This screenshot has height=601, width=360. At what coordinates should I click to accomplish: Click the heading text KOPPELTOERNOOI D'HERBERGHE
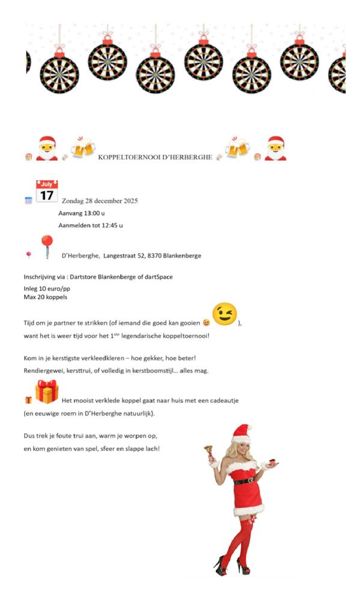[x=154, y=157]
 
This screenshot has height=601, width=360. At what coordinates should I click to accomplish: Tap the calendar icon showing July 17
[x=47, y=191]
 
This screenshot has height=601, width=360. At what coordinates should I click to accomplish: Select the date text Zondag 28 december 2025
[x=100, y=201]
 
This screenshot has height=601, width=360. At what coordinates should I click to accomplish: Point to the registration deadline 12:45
[x=112, y=225]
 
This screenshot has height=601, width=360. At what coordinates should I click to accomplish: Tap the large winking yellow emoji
[x=225, y=314]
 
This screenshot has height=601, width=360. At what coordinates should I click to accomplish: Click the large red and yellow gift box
[x=47, y=392]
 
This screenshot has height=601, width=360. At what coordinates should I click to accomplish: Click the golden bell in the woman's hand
[x=209, y=449]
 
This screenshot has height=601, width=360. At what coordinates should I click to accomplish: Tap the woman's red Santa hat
[x=242, y=433]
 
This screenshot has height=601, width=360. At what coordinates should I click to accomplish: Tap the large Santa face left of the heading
[x=47, y=148]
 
